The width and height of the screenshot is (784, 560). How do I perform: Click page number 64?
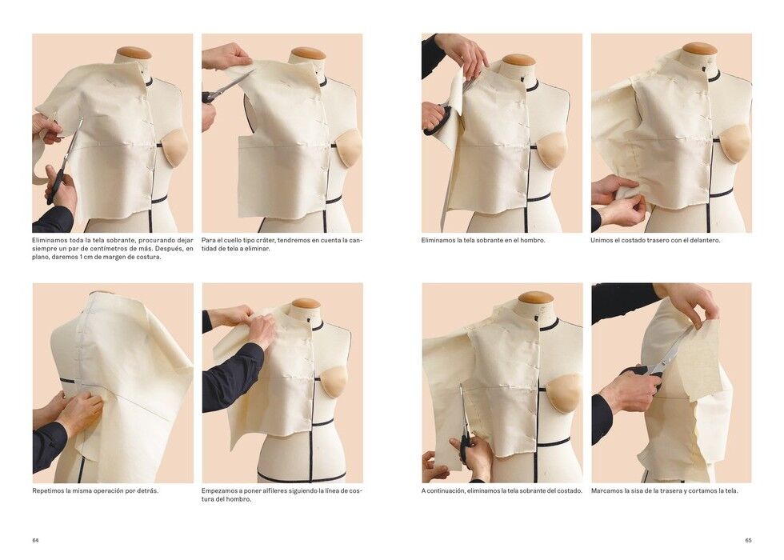[x=35, y=540]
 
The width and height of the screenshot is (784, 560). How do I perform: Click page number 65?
[x=748, y=540]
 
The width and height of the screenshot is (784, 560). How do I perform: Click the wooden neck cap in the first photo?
[x=134, y=53]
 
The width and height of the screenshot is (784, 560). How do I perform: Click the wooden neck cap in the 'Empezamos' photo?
[x=306, y=304]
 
